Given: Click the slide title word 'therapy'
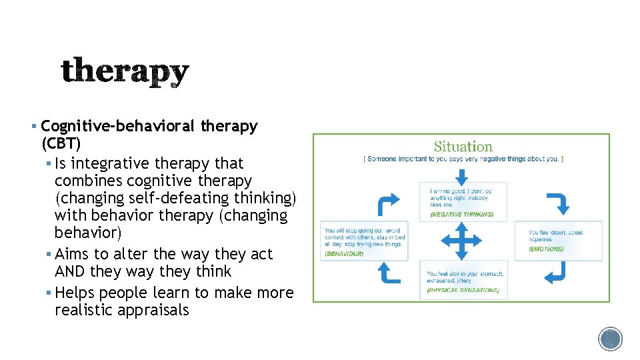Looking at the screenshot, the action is click(125, 72).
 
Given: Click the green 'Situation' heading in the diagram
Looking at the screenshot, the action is click(463, 147).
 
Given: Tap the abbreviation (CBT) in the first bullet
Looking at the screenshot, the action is click(61, 143).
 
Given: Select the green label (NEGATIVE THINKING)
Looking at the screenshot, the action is click(461, 215).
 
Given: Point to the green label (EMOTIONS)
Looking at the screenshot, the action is click(546, 249).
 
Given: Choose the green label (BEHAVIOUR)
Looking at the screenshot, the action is click(344, 253).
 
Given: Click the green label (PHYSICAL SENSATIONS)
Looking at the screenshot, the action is click(463, 290).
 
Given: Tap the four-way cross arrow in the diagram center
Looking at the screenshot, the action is click(461, 241).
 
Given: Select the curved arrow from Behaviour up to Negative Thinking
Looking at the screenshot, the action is click(389, 203).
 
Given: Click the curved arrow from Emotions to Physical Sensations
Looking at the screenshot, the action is click(555, 273).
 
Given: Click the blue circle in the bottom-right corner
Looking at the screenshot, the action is click(610, 339).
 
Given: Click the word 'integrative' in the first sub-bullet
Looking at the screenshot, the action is click(111, 163).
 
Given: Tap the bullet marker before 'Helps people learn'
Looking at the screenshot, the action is click(49, 293).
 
